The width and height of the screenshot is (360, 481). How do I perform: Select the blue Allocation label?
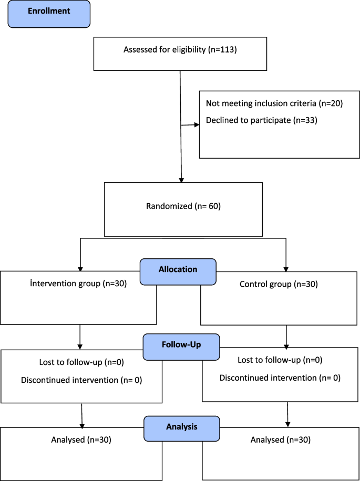[x=178, y=269]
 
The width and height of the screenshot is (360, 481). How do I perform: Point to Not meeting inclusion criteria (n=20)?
[x=274, y=103]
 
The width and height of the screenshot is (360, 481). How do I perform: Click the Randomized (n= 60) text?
[x=183, y=206]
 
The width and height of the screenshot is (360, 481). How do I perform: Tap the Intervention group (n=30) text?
[x=78, y=284]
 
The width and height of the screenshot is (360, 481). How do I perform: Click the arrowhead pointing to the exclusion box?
[x=197, y=125]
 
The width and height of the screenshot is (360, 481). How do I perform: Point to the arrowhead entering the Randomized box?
[x=182, y=179]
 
